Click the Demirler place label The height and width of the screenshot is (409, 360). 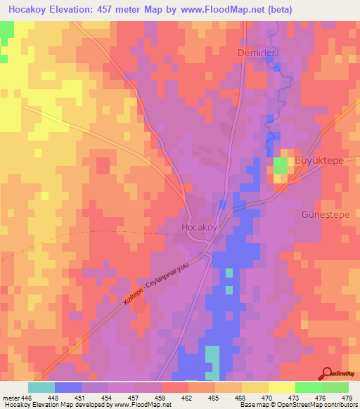(254, 52)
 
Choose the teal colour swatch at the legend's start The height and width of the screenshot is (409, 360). (41, 387)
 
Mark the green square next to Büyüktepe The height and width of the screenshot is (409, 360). (281, 166)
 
